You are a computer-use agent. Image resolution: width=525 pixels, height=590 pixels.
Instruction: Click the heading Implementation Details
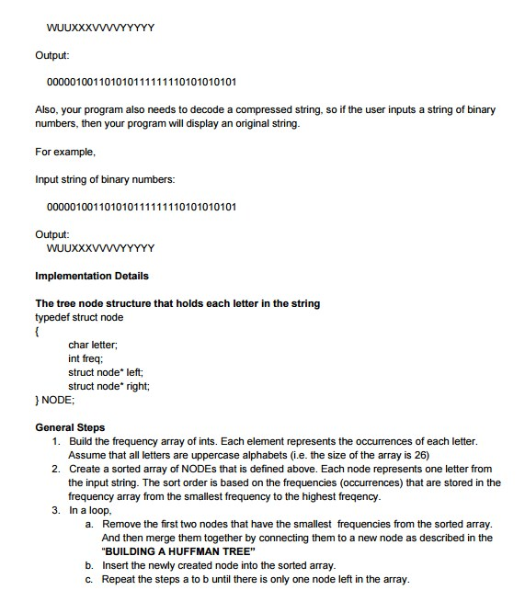point(91,276)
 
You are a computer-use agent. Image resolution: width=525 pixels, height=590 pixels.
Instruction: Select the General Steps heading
point(70,427)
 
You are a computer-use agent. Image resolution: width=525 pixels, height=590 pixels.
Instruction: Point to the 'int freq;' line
point(86,358)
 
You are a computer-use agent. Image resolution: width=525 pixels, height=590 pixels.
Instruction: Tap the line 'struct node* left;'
point(106,372)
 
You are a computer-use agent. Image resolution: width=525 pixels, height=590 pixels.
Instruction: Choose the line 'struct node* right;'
point(108,386)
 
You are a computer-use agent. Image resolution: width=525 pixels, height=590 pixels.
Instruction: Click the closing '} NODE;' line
point(54,401)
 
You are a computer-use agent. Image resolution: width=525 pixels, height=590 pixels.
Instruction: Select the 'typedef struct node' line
point(79,317)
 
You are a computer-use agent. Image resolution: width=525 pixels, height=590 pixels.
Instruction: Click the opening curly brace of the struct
point(38,331)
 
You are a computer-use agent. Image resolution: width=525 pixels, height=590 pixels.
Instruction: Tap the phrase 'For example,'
point(64,151)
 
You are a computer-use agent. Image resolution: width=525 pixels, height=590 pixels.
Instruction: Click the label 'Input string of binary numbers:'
point(105,178)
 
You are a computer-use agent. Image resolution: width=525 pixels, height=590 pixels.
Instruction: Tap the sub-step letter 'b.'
point(89,564)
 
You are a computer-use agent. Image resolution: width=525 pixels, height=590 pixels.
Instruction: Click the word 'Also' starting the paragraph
point(47,109)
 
